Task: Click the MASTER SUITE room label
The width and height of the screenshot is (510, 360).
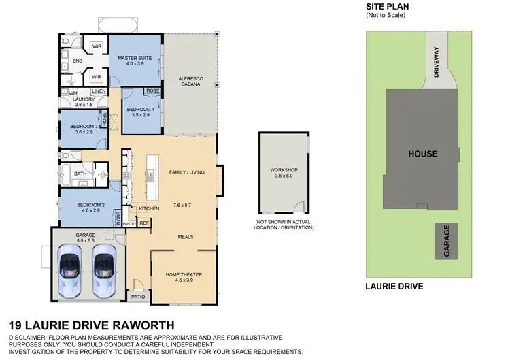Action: [136, 59]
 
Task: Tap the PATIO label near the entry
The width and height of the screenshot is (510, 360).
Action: [138, 297]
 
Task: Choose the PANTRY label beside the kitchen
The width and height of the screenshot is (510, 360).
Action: [130, 223]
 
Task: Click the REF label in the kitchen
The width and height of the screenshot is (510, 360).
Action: [144, 223]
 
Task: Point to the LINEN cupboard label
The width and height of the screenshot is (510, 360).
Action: [99, 91]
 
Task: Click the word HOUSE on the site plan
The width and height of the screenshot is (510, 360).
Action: [422, 154]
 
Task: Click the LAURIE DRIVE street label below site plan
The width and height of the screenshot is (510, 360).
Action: [394, 287]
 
